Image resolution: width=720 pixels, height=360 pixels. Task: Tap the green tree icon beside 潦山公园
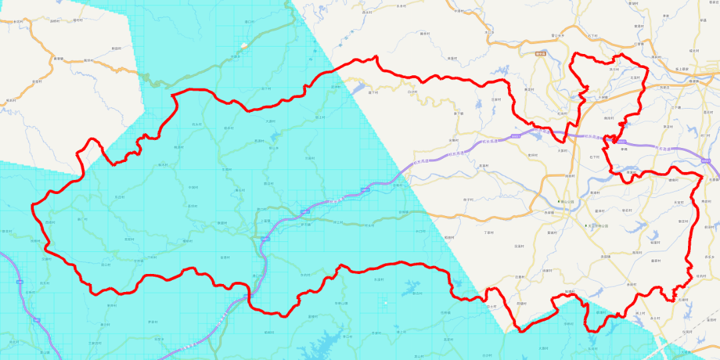pyautogui.click(x=559, y=200)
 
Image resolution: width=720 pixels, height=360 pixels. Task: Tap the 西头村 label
pyautogui.click(x=49, y=223)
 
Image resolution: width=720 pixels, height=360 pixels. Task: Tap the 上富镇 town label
pyautogui.click(x=265, y=221)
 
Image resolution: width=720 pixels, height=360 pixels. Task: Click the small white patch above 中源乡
pyautogui.click(x=245, y=45)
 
